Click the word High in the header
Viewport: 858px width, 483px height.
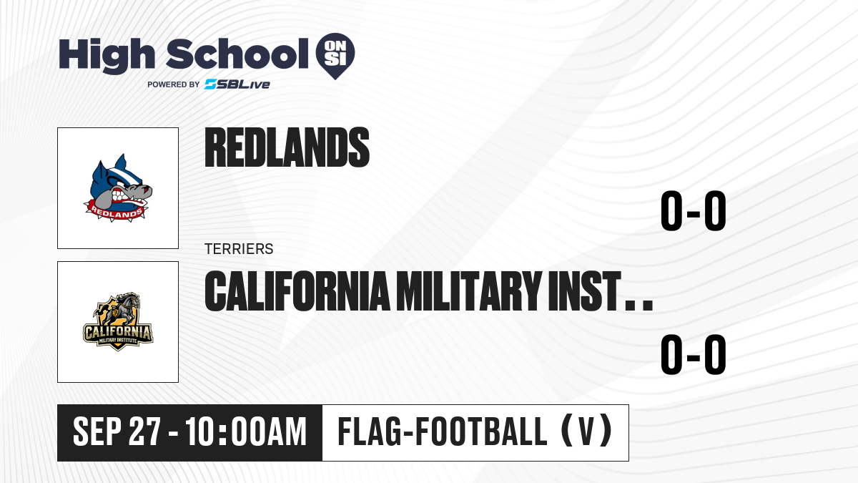(x=107, y=55)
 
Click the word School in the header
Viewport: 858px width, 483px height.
(x=237, y=54)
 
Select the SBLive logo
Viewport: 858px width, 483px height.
(x=237, y=84)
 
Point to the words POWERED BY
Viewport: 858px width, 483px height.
(x=174, y=84)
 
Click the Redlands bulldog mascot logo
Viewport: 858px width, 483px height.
(x=118, y=187)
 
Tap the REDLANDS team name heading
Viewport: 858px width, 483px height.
(x=287, y=147)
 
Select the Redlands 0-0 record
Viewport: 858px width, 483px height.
(x=694, y=210)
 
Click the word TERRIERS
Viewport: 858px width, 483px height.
(x=239, y=249)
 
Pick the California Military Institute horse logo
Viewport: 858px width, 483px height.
(x=118, y=321)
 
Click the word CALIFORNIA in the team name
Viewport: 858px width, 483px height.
(x=297, y=291)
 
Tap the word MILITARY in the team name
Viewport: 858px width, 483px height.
(x=469, y=291)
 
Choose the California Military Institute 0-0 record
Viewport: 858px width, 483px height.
(x=694, y=355)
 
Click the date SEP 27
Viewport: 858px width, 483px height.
(x=117, y=431)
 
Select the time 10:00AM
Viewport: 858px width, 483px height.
(x=246, y=431)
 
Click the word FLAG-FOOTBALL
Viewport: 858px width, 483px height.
(x=443, y=431)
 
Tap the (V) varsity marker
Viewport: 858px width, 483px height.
(x=586, y=431)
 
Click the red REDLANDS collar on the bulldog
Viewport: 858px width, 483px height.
(x=116, y=211)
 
